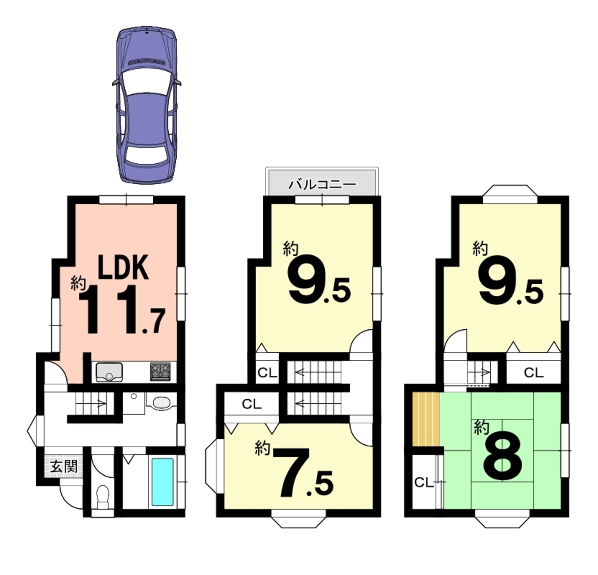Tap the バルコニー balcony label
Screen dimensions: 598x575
[x=322, y=184]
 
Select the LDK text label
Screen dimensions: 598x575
[x=123, y=267]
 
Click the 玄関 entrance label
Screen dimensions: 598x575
[x=63, y=466]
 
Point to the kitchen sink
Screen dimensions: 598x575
[x=109, y=372]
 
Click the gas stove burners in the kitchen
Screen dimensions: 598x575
[x=161, y=372]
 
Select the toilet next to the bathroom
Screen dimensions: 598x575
[x=103, y=497]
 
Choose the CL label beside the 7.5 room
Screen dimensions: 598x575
[x=252, y=404]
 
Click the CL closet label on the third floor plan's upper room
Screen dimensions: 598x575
[x=534, y=373]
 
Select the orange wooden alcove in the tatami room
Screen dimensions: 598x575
[x=426, y=419]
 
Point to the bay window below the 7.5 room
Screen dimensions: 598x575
[x=299, y=519]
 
